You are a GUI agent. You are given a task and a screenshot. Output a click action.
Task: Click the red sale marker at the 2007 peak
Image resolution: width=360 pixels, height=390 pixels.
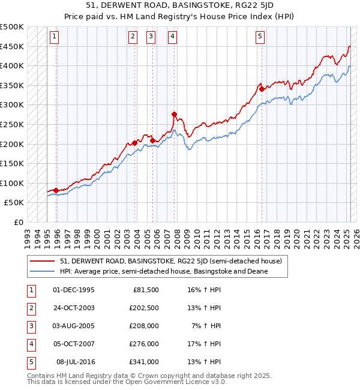click(x=173, y=114)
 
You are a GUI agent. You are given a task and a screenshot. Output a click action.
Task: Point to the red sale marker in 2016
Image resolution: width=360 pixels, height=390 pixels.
click(x=262, y=89)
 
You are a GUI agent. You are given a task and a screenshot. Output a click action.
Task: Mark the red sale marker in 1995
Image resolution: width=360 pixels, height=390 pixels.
click(x=56, y=190)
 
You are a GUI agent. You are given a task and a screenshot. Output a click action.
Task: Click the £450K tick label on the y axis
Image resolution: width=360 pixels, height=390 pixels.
click(x=13, y=46)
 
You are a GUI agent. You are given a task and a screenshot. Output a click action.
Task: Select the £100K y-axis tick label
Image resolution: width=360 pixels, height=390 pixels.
click(x=13, y=183)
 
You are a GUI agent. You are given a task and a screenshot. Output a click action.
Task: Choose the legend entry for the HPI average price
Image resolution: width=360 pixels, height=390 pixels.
click(x=164, y=271)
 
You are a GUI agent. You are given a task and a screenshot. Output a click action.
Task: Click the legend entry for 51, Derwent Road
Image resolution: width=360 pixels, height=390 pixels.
click(x=175, y=261)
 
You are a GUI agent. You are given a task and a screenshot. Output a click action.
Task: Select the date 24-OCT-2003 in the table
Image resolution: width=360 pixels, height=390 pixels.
click(x=74, y=308)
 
